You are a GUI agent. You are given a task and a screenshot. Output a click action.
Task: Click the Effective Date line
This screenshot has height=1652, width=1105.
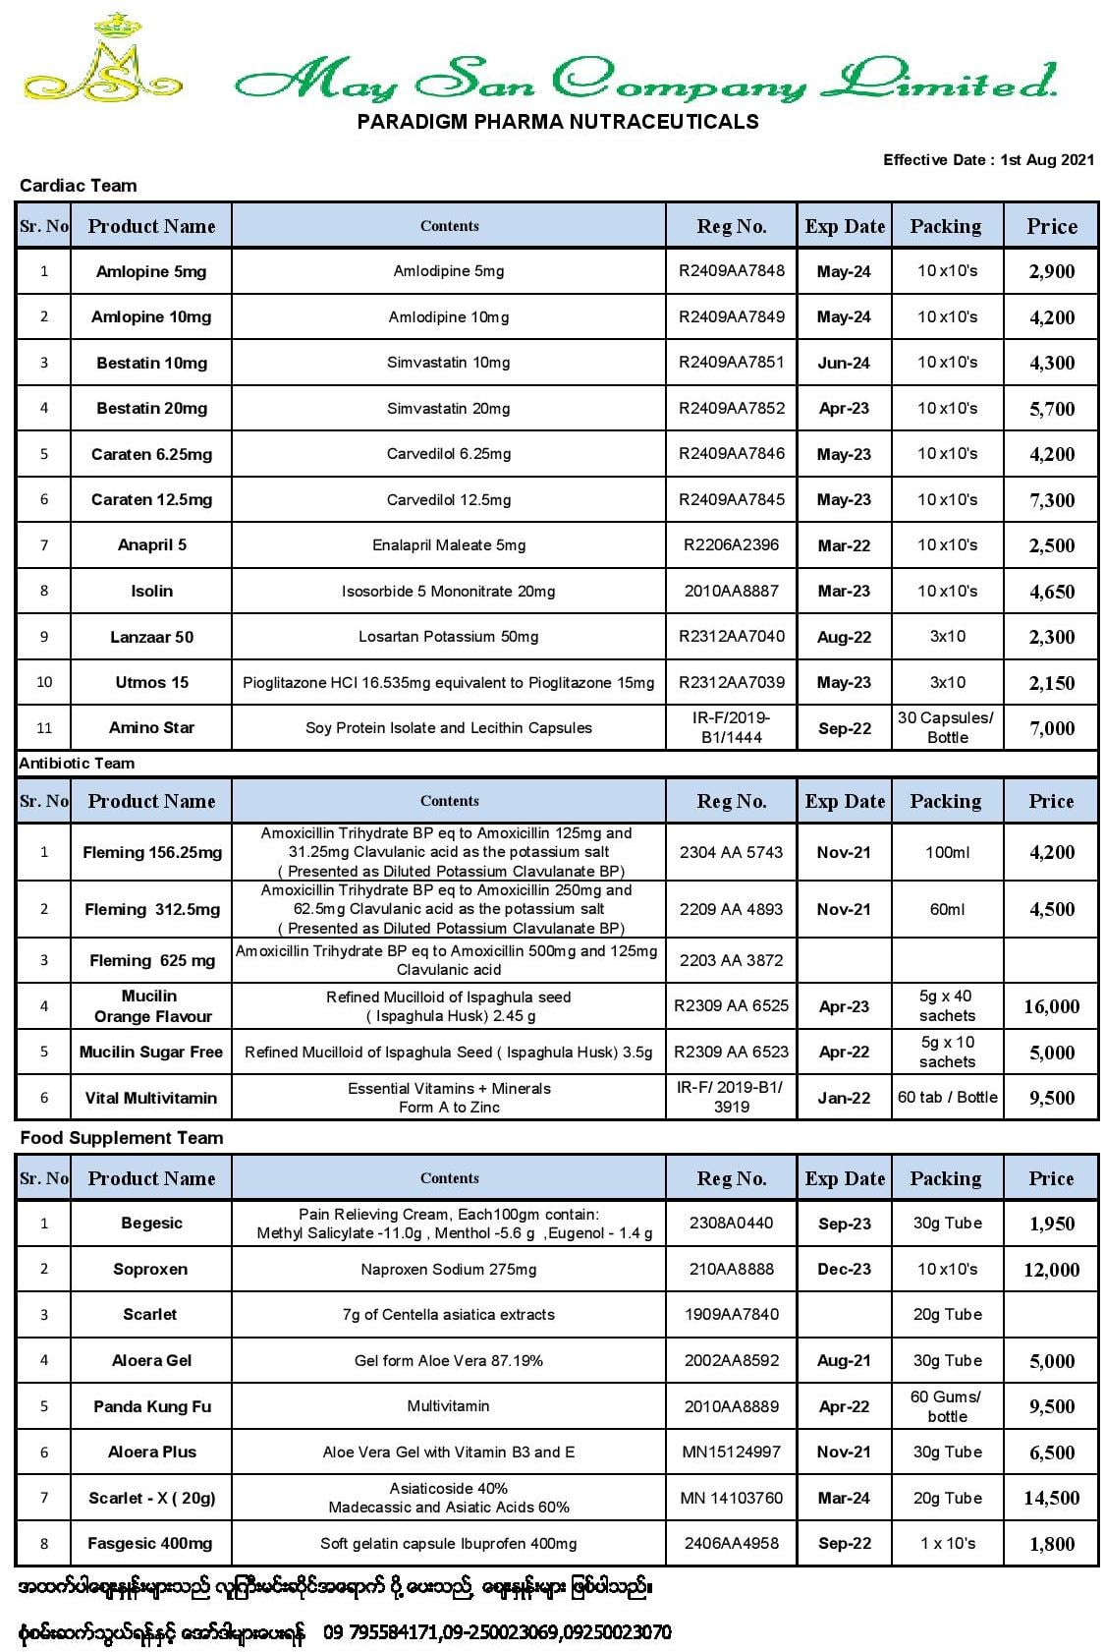click(x=987, y=159)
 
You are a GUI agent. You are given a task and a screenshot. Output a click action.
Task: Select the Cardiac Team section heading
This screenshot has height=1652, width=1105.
click(x=78, y=186)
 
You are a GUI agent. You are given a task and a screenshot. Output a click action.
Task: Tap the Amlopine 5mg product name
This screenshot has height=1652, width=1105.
click(x=151, y=271)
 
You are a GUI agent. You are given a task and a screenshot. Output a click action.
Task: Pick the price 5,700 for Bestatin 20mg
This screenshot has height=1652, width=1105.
click(x=1051, y=409)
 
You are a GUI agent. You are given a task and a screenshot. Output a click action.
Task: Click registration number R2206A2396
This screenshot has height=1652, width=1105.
click(x=731, y=544)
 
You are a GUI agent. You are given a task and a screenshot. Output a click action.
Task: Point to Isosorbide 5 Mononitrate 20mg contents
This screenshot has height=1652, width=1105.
click(x=448, y=591)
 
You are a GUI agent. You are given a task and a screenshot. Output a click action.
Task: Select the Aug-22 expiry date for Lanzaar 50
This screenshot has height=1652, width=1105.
click(x=844, y=637)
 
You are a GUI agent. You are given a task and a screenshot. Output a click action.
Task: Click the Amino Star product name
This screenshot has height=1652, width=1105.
click(x=151, y=727)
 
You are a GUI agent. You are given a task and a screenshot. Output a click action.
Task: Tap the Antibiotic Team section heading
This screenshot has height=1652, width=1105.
click(x=77, y=763)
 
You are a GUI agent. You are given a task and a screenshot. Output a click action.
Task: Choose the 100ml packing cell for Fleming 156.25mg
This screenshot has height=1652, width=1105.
click(x=947, y=852)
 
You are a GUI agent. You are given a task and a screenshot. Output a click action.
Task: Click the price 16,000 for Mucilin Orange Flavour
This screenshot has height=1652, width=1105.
click(x=1051, y=1006)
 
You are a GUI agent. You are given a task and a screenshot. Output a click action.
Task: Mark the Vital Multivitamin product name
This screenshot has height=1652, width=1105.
click(x=151, y=1098)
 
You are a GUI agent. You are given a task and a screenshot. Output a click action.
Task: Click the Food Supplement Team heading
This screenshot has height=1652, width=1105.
click(x=122, y=1138)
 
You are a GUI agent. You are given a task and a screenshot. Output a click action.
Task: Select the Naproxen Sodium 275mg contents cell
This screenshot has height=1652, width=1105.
click(x=448, y=1269)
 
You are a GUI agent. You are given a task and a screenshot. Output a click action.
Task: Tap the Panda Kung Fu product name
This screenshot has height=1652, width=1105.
click(x=151, y=1406)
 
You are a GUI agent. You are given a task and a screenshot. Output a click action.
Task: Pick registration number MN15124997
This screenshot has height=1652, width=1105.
click(x=731, y=1452)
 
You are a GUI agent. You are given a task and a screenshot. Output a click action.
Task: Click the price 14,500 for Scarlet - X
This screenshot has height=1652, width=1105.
click(x=1051, y=1498)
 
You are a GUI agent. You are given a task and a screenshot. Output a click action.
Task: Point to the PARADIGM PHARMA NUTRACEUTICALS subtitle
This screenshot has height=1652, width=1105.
click(x=557, y=122)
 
